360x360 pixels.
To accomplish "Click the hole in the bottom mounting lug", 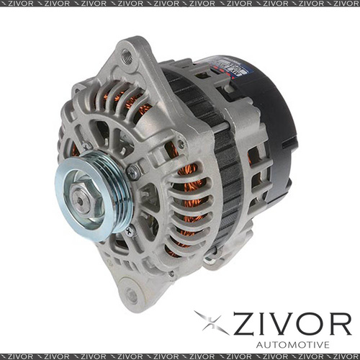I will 131,294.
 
